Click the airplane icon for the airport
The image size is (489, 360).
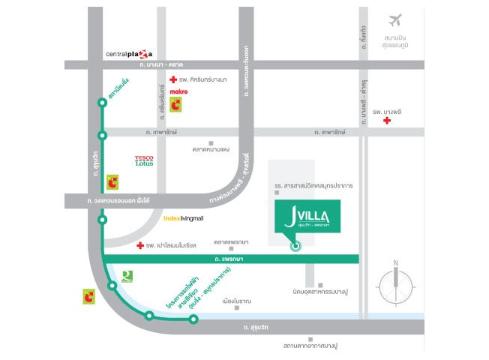point(396,20)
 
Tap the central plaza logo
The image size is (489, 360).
point(129,54)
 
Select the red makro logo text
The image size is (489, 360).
point(178,91)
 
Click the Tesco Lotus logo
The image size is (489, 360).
point(144,160)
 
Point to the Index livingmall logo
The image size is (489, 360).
point(184,218)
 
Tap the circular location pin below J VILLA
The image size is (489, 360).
point(295,245)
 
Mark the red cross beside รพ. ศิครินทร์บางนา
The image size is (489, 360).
point(173,79)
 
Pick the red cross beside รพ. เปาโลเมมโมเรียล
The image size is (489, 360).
point(139,245)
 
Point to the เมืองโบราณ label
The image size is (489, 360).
point(237,301)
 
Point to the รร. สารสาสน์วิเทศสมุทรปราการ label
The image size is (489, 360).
point(313,184)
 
